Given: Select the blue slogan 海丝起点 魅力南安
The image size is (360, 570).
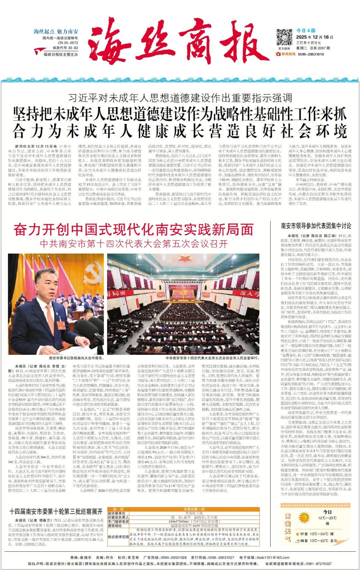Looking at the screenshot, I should [56, 31].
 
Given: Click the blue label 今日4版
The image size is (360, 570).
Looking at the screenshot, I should [304, 30].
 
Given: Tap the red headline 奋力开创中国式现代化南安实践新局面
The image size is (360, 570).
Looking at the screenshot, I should [134, 230].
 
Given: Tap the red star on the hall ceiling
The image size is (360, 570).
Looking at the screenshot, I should [183, 259].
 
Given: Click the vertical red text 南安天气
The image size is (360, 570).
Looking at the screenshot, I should [288, 527].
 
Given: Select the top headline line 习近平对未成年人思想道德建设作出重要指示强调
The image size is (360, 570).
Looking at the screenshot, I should [180, 98].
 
